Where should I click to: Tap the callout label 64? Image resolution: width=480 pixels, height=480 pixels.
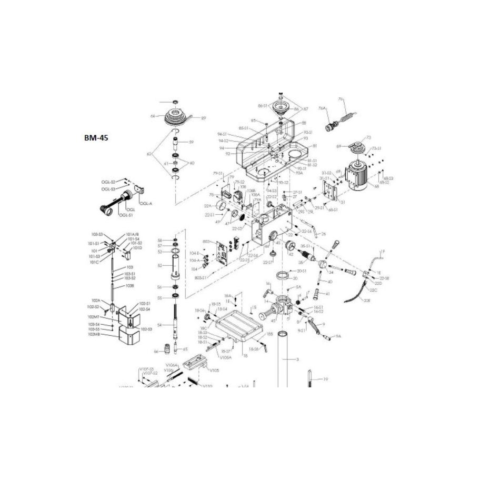pos(153,116)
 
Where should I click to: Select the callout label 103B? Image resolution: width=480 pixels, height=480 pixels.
pos(129,286)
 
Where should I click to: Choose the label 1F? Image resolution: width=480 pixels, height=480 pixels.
pos(383,252)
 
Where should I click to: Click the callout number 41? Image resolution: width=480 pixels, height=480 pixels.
pos(327,294)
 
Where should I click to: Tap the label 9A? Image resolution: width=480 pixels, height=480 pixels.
pos(339,336)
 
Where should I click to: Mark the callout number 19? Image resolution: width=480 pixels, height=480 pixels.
pos(326,379)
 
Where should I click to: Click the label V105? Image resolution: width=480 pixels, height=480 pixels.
pos(214,370)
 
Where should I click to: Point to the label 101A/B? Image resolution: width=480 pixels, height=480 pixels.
pos(132,235)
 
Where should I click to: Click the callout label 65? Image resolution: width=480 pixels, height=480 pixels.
pos(185,349)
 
